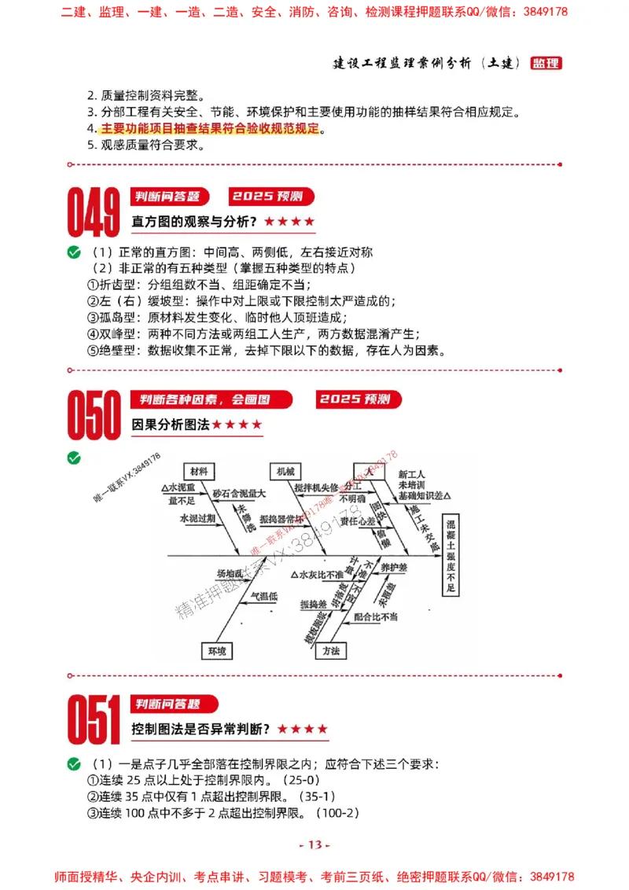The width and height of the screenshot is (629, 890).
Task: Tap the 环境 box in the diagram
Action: (x=216, y=651)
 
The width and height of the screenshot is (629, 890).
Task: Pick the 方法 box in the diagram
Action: (x=330, y=651)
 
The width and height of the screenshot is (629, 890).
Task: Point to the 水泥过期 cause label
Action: (x=197, y=519)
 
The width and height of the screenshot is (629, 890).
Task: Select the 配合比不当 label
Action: (x=375, y=616)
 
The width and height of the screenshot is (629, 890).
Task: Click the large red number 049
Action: (x=94, y=212)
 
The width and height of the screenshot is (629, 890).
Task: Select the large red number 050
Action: (x=94, y=415)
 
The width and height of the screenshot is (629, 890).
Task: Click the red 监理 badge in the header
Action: (x=546, y=63)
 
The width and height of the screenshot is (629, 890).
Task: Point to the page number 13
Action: (x=314, y=844)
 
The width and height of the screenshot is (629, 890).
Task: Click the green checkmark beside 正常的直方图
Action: (x=74, y=252)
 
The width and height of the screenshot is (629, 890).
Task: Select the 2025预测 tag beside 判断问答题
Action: (x=271, y=197)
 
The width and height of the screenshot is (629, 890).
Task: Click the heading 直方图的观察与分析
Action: (x=194, y=222)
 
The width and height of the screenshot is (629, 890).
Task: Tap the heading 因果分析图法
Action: (x=171, y=425)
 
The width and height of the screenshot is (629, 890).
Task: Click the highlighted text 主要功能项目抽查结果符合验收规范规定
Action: (x=211, y=128)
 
